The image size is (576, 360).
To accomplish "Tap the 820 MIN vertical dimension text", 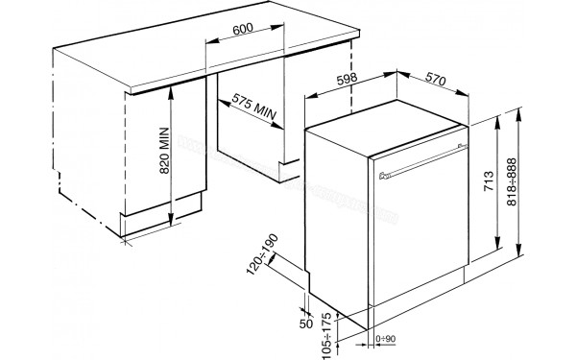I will [162, 153].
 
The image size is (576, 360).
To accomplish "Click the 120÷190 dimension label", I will [259, 253].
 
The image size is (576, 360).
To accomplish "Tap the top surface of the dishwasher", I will [384, 125].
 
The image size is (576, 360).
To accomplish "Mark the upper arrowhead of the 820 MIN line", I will [172, 87].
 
